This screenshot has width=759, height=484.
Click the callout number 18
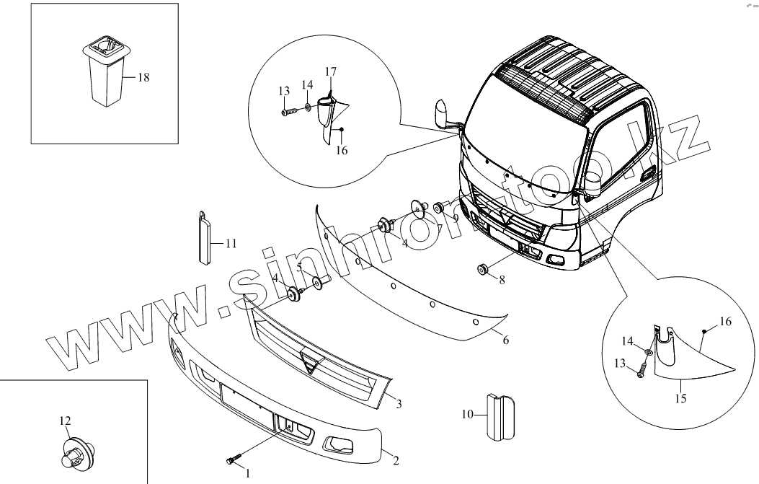143,77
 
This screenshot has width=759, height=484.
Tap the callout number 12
66,421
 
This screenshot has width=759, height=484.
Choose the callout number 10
466,414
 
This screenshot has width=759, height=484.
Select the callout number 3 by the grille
398,403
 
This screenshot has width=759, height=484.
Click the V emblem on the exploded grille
312,364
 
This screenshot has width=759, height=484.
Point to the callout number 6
506,340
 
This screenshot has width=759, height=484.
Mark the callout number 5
298,267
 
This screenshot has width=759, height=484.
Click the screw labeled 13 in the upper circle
289,112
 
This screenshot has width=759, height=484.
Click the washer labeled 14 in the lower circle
649,352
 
